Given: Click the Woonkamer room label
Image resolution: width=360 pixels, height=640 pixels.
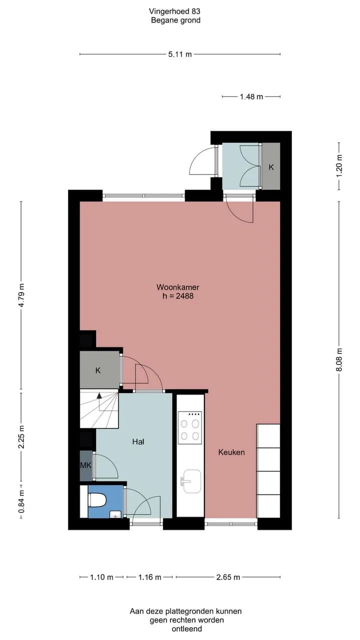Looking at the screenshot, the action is click(x=177, y=287).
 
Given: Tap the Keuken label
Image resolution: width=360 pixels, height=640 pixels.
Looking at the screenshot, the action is click(x=231, y=452).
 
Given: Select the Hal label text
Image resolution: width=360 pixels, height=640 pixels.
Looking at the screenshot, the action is click(x=138, y=441).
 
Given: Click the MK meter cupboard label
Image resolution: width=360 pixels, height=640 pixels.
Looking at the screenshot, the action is click(x=85, y=465).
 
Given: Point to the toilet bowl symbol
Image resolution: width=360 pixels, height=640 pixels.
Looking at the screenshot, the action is click(x=97, y=500).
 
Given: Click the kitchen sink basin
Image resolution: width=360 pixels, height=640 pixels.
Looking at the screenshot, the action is click(x=191, y=481).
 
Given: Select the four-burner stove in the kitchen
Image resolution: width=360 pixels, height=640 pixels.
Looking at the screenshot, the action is click(x=189, y=428).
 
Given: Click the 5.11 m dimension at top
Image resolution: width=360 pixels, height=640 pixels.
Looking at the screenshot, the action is click(x=179, y=54).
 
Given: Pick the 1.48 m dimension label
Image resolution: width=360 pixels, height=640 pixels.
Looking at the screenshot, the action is click(x=251, y=97).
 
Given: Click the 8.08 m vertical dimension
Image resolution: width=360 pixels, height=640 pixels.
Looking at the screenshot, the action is click(x=339, y=359).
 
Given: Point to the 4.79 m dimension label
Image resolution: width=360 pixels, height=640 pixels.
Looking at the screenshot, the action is click(x=21, y=295).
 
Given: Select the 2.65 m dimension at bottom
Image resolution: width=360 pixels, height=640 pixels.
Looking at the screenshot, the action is click(x=227, y=577).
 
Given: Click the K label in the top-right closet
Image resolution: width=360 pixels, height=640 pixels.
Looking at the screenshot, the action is click(x=271, y=167).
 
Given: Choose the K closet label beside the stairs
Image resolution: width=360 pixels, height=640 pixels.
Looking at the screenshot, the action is click(x=98, y=370).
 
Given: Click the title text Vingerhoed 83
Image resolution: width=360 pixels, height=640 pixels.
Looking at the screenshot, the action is click(x=174, y=11).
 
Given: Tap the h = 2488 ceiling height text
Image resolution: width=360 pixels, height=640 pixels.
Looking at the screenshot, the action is click(x=178, y=296).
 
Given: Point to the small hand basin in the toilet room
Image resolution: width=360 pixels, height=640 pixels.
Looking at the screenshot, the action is click(x=115, y=514).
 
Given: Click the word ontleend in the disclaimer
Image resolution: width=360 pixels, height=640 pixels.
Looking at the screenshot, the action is click(x=187, y=628).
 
